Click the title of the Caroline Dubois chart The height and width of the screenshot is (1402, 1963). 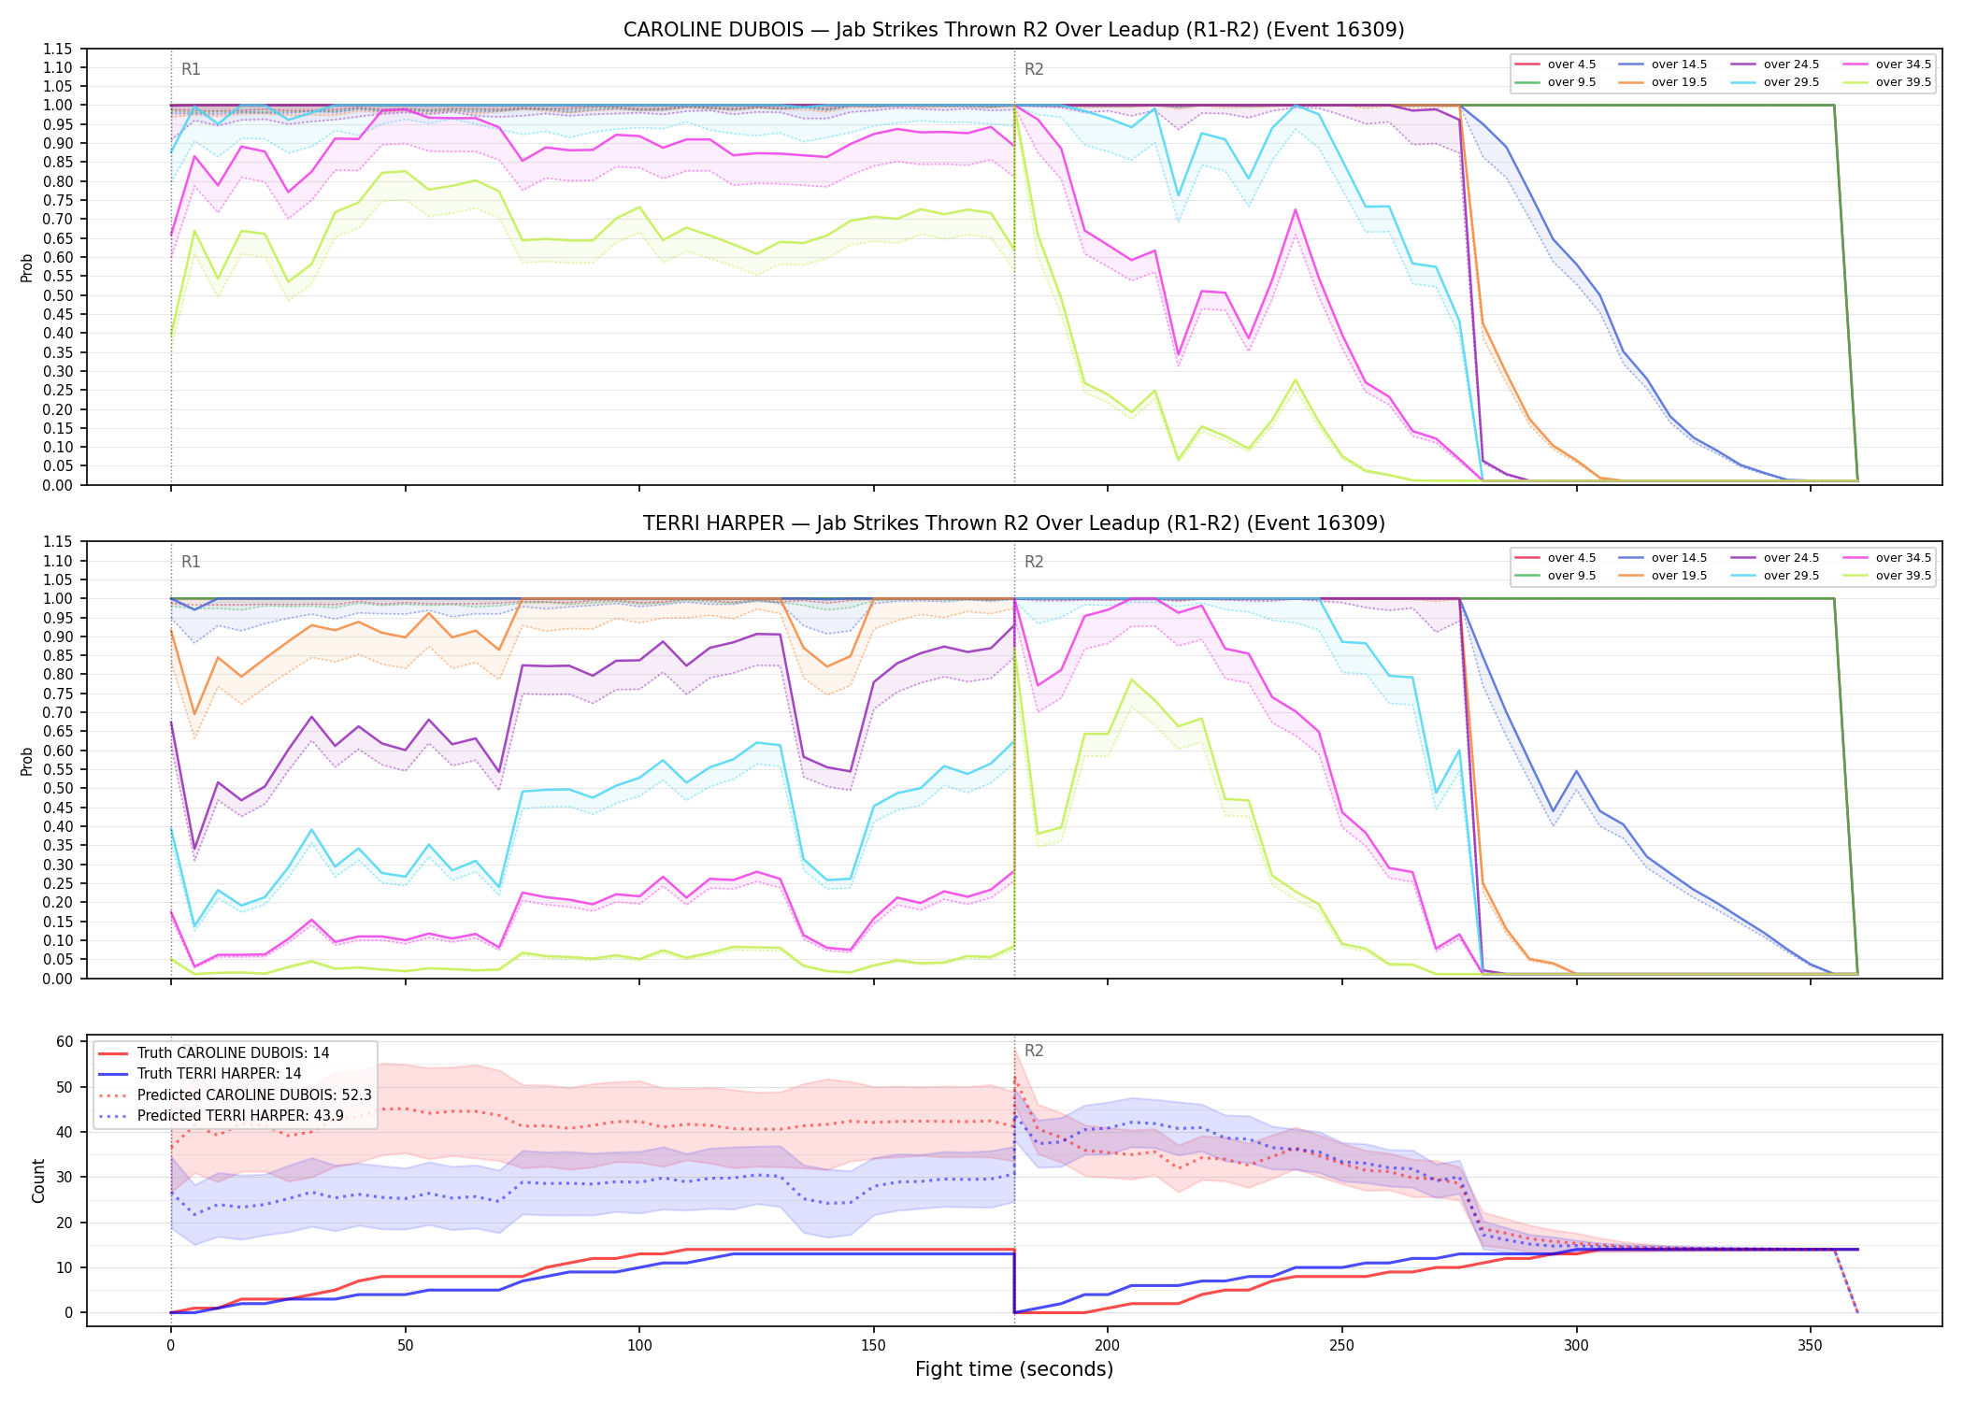tap(1013, 30)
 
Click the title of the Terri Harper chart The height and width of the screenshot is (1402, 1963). tap(1013, 523)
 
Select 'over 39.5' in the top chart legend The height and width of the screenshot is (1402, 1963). tap(1903, 82)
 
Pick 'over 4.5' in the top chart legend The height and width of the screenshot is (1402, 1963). tap(1571, 64)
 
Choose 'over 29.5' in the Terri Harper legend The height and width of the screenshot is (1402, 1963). tap(1791, 576)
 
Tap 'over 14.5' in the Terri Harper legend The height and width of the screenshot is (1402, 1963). tap(1679, 558)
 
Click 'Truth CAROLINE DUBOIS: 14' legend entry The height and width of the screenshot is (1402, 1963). tap(233, 1053)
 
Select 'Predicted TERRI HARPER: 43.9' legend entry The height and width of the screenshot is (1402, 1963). tap(240, 1116)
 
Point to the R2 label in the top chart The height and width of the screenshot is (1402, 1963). tap(1034, 69)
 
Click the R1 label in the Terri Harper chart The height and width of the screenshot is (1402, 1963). tap(191, 562)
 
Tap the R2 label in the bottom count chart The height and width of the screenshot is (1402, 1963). tap(1034, 1051)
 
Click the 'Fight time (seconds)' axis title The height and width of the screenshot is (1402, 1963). tap(1014, 1369)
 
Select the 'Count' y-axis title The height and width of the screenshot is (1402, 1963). tap(38, 1180)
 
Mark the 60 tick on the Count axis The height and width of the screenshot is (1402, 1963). tap(65, 1041)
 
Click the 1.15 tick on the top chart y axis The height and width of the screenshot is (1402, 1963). tap(57, 49)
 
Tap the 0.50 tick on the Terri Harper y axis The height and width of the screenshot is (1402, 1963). tap(57, 789)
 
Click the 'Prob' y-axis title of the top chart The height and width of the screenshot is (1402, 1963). tap(27, 267)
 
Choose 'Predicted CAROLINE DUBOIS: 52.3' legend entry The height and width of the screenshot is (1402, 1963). tap(254, 1095)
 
